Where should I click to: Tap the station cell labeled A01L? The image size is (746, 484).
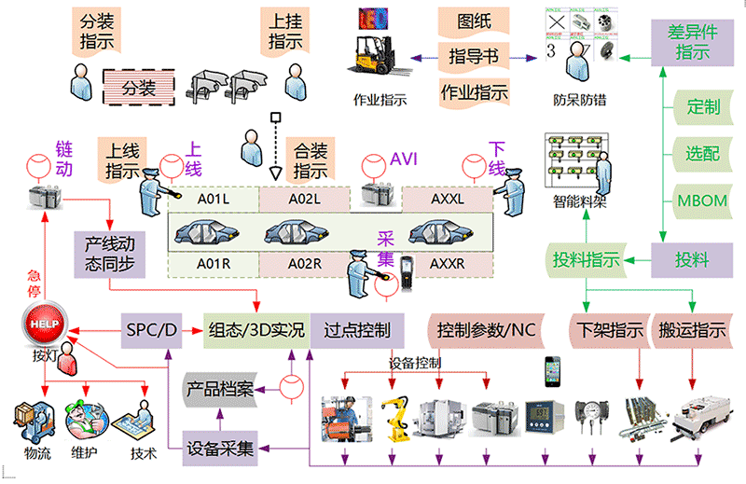213,200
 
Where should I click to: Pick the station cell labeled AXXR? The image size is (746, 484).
447,264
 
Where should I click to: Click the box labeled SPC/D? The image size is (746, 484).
151,329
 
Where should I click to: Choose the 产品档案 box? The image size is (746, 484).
220,387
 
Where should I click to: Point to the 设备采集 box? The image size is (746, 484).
220,448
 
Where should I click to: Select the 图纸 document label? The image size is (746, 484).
475,21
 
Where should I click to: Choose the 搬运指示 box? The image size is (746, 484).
693,329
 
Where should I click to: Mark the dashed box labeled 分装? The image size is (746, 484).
139,89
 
